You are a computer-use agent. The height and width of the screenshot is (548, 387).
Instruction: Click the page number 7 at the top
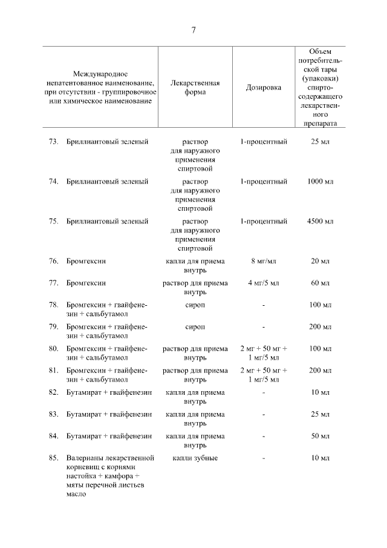[193, 30]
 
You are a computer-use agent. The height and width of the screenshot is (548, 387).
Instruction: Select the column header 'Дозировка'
[263, 88]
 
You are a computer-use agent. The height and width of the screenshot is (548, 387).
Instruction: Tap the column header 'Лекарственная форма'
[195, 88]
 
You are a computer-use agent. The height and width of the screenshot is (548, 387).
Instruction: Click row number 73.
[53, 142]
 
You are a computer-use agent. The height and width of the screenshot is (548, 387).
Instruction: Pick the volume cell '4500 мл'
[320, 221]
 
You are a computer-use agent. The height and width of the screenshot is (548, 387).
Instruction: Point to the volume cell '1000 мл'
[320, 181]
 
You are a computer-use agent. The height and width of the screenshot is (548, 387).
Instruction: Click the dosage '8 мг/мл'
[263, 261]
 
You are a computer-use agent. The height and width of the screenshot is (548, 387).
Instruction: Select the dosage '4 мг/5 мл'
[263, 283]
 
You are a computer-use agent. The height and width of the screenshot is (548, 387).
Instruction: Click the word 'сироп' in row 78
[195, 305]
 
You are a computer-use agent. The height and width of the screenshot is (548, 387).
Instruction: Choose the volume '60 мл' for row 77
[320, 283]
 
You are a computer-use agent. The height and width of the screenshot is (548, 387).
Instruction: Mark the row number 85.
[53, 458]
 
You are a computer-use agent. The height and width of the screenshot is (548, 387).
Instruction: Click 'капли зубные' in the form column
[195, 458]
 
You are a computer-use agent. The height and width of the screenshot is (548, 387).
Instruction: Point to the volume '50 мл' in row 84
[320, 436]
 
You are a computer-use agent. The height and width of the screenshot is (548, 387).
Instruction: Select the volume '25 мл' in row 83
[320, 414]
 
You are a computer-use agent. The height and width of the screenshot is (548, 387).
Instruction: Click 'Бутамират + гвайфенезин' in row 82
[109, 392]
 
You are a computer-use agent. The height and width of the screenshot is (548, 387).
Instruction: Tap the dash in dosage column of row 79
[263, 326]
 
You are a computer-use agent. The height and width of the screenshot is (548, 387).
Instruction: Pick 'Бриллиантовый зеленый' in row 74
[108, 181]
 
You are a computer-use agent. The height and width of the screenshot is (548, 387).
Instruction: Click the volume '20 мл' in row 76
[320, 261]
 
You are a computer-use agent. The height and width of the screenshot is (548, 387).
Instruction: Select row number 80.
[53, 349]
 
